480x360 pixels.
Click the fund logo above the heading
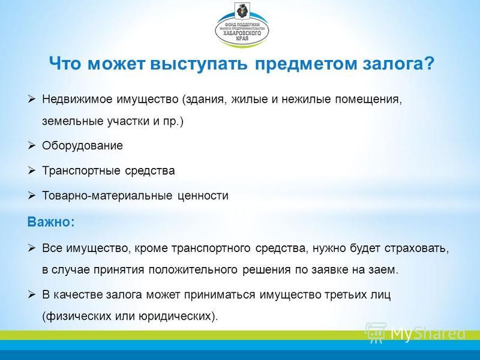point(242,25)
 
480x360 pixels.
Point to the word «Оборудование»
point(82,146)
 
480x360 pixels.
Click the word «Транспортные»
point(81,171)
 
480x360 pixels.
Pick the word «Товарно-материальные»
point(107,196)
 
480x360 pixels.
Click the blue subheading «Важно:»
point(51,221)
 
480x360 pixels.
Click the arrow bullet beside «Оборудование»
point(32,145)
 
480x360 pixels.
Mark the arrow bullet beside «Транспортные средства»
point(32,170)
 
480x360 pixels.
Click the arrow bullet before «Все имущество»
point(32,248)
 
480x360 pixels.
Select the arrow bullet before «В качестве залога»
point(32,295)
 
